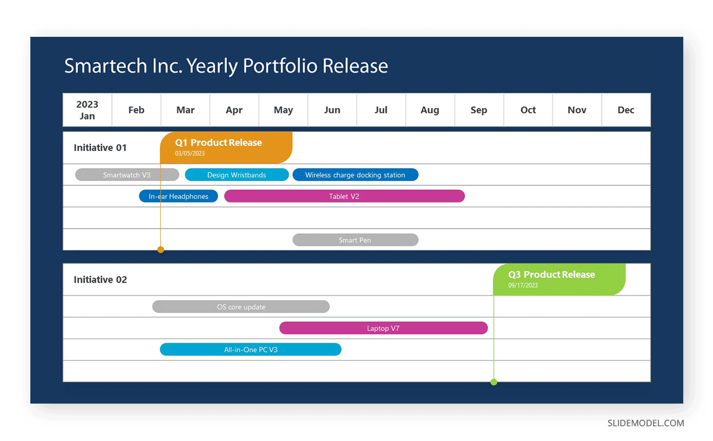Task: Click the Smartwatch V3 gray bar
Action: (127, 175)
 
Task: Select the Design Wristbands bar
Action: (237, 175)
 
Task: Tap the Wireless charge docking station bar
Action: (355, 175)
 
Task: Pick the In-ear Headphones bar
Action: (179, 196)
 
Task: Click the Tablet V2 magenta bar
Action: (345, 196)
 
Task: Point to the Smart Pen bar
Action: (355, 240)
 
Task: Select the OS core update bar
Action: (241, 306)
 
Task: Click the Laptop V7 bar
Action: (384, 328)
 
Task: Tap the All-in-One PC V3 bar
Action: (251, 349)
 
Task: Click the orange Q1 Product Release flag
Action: (226, 148)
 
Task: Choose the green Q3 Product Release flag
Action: (559, 279)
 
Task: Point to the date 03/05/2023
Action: (190, 153)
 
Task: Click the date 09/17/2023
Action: (523, 285)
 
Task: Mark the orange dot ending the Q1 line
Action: (161, 250)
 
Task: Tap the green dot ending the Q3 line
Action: (494, 382)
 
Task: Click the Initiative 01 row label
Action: (100, 148)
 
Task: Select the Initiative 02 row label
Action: (100, 280)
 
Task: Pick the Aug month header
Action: (430, 110)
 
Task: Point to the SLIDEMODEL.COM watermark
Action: (646, 423)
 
